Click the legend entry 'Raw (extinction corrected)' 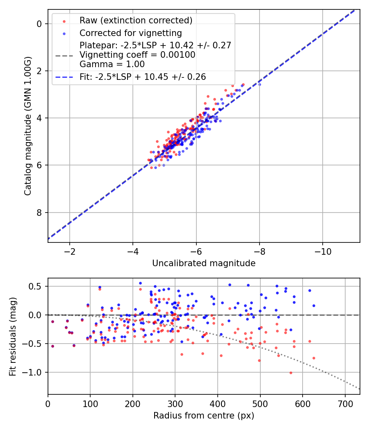click(136, 20)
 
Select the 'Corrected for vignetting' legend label click(130, 33)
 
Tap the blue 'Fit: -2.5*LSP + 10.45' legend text click(142, 77)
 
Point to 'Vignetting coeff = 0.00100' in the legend click(137, 55)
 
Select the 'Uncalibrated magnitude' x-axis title click(204, 263)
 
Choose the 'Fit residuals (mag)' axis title click(13, 337)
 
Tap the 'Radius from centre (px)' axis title click(204, 416)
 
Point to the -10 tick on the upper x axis click(323, 250)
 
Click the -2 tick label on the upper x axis click(69, 250)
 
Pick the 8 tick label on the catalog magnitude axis click(39, 213)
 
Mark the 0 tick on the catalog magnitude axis click(39, 24)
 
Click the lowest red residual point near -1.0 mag click(291, 373)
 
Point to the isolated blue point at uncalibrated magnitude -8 click(260, 84)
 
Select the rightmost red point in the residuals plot click(314, 358)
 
